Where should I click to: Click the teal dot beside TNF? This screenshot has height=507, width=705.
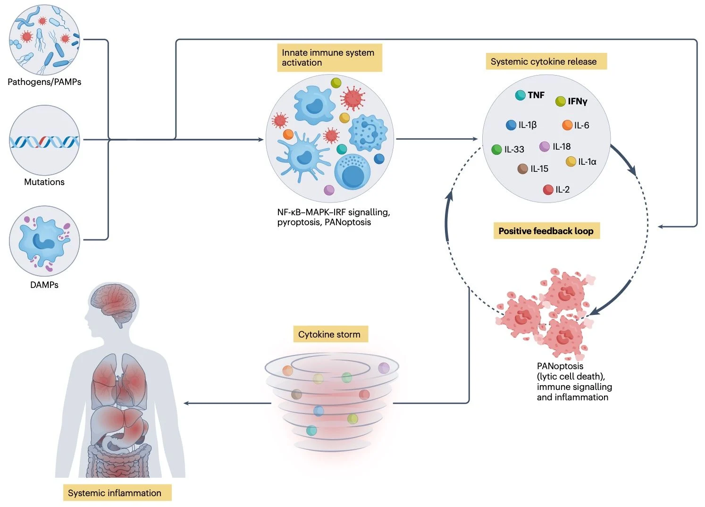click(520, 95)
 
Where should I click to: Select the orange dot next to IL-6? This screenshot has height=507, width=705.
click(567, 125)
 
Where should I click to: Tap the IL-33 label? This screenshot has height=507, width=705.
click(514, 150)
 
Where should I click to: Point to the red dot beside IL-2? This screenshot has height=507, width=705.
click(548, 190)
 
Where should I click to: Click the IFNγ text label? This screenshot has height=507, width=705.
click(577, 101)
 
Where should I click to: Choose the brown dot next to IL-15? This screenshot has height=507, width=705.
click(522, 169)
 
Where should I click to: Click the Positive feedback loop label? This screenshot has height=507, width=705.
click(546, 231)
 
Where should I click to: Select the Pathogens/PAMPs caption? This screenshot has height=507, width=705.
click(44, 82)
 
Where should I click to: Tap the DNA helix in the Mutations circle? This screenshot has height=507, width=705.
click(44, 141)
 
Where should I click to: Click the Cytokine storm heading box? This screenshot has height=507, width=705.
click(329, 335)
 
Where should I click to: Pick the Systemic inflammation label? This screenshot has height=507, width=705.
click(115, 493)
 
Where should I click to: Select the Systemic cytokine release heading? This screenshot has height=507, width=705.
click(544, 62)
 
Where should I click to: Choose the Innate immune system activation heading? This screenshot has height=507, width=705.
click(328, 58)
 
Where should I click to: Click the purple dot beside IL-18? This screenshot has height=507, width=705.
click(545, 146)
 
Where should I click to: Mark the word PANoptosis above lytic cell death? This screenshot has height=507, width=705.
click(560, 366)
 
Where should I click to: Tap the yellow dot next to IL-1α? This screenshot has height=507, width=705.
click(571, 162)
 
